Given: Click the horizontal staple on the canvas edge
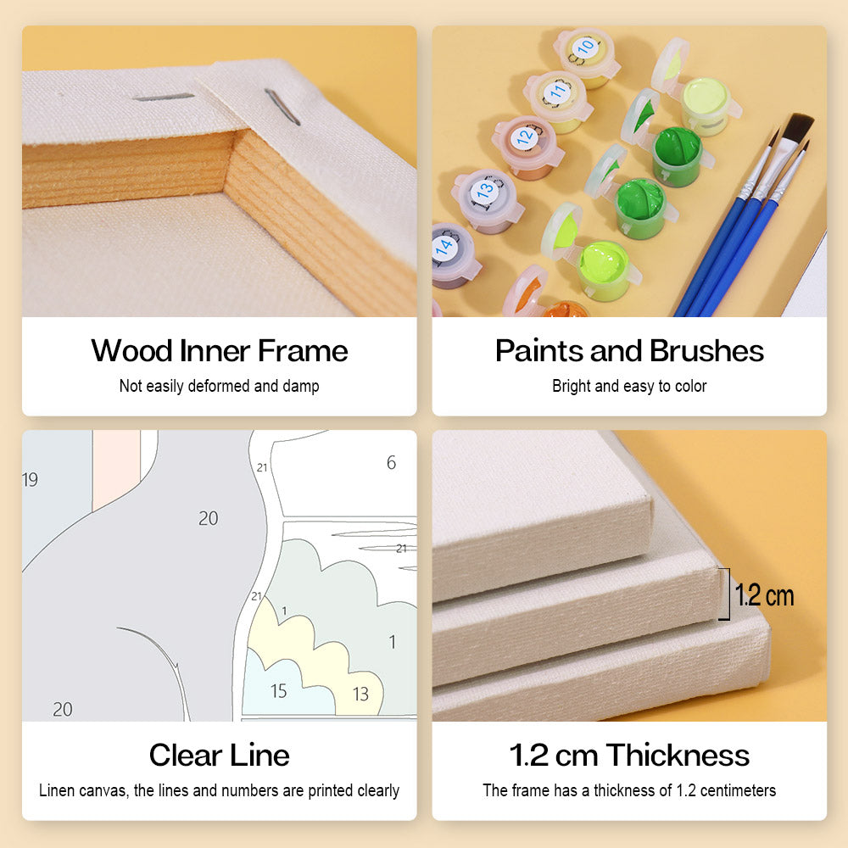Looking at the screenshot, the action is tap(164, 98).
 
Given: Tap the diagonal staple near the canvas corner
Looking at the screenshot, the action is tap(282, 107).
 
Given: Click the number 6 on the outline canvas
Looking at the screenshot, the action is tap(391, 462).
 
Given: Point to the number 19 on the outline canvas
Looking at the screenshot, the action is tap(31, 479).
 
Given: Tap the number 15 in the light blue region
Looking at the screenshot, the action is tap(278, 690).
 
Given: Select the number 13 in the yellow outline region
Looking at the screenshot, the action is tap(360, 694).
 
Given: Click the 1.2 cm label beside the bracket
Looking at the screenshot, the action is tap(764, 595).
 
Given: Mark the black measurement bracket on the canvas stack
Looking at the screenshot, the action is tap(727, 594).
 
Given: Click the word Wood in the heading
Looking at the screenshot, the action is tap(132, 350).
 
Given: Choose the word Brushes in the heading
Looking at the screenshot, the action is tap(707, 350).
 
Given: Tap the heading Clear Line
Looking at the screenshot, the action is tap(220, 755).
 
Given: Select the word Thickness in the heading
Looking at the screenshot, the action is tap(678, 755).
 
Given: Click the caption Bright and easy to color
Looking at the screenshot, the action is tap(629, 386).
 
